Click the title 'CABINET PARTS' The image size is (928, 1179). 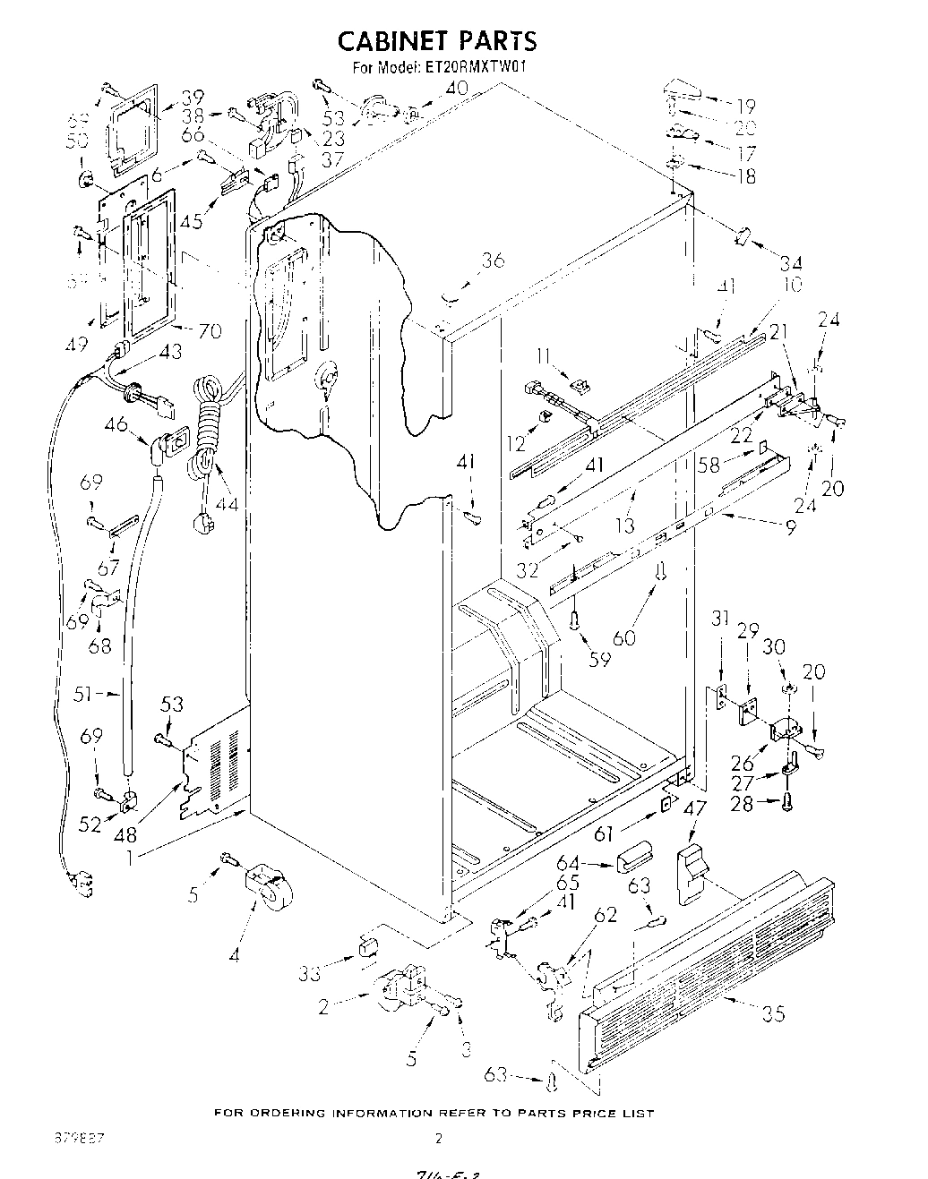click(x=436, y=40)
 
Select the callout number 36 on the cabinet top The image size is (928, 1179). click(x=492, y=261)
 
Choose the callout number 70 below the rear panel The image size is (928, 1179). click(x=209, y=330)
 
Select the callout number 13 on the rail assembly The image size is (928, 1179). click(x=624, y=525)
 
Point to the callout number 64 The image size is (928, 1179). click(x=592, y=863)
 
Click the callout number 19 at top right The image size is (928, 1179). click(x=745, y=105)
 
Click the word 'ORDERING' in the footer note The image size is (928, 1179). click(x=286, y=1113)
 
